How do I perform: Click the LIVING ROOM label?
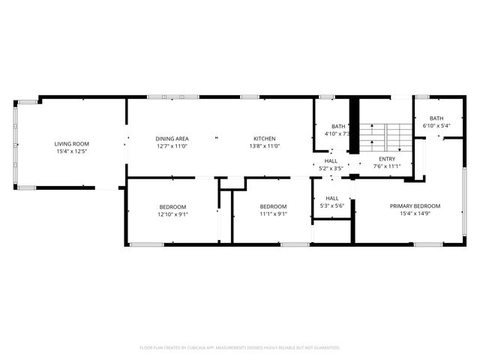(72, 143)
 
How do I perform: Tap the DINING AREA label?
(172, 139)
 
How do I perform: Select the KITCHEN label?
(265, 139)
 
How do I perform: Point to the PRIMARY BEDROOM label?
(415, 205)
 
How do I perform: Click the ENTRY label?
(387, 159)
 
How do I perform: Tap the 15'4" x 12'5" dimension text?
(72, 152)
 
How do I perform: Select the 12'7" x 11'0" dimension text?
(172, 146)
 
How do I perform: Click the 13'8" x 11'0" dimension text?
(265, 146)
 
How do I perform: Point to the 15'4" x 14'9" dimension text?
(415, 214)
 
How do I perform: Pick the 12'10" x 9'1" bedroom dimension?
(172, 214)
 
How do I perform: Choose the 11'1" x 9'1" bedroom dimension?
(273, 214)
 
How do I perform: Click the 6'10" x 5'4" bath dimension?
(436, 126)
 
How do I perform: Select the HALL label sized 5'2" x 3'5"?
(331, 160)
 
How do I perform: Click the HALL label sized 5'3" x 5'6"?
(331, 198)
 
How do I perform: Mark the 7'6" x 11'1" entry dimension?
(387, 166)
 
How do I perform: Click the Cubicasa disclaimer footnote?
(240, 347)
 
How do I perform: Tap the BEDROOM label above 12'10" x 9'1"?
(172, 207)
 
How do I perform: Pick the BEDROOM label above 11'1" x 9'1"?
(273, 207)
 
